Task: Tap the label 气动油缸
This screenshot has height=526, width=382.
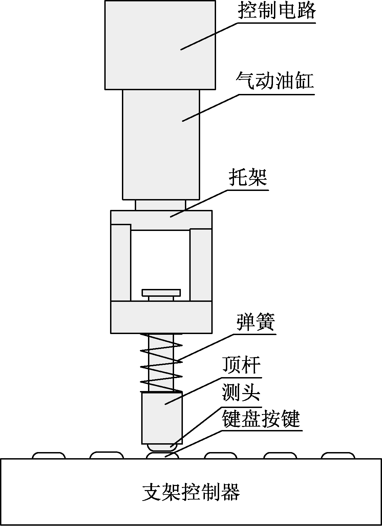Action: (275, 81)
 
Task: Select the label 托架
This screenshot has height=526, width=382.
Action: (248, 177)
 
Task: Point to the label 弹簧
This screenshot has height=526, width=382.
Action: (256, 322)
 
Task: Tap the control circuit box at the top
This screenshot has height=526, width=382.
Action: (160, 45)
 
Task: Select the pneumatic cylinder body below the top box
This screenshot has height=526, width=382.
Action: (161, 145)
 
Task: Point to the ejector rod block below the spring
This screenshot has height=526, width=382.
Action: (162, 418)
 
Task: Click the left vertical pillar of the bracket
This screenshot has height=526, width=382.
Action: (121, 262)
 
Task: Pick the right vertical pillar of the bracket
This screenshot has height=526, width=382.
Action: (201, 265)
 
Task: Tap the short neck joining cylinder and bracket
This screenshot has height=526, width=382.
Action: (161, 205)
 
